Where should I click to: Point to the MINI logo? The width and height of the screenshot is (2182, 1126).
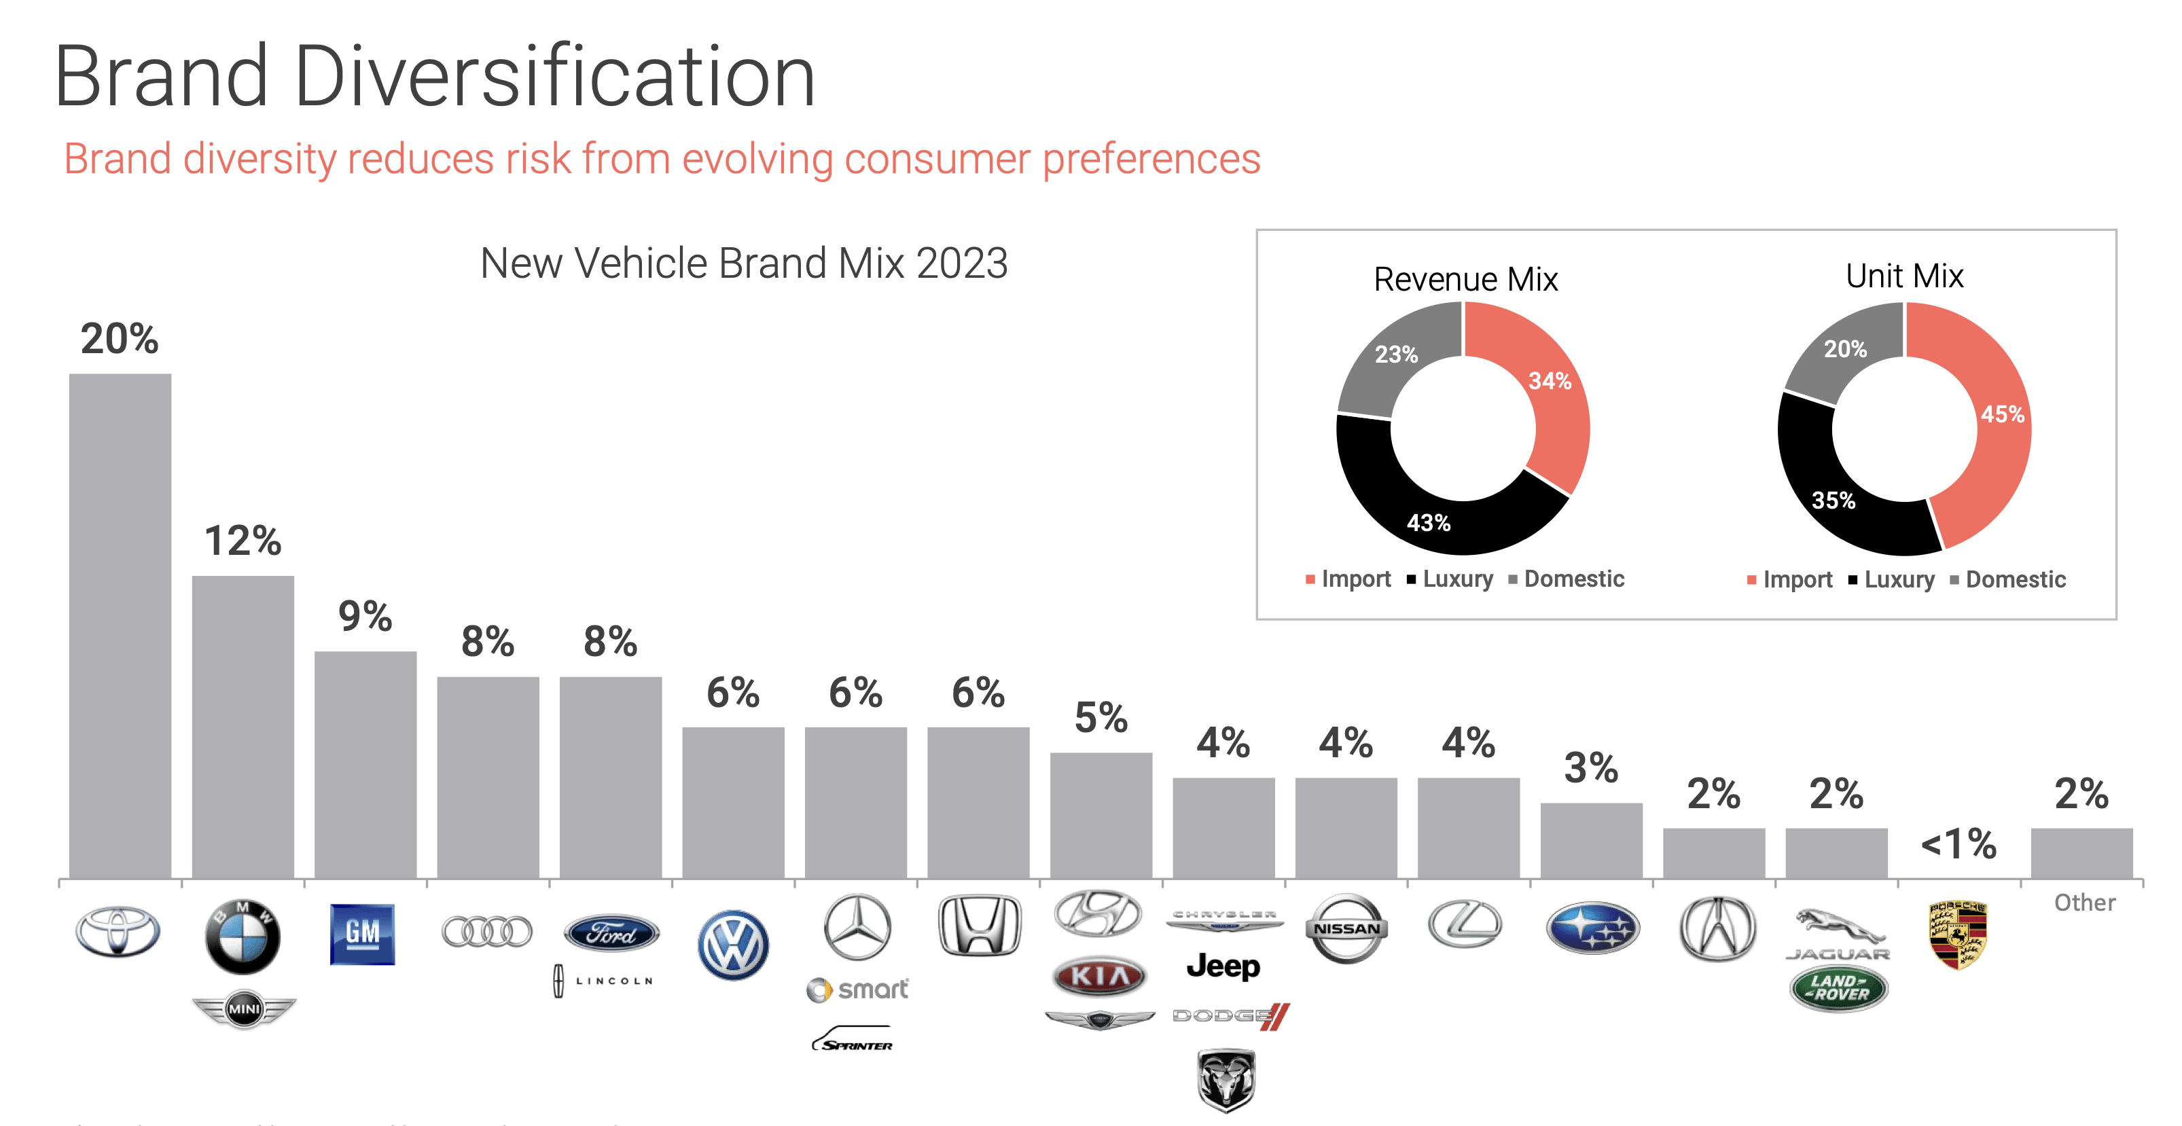244,1009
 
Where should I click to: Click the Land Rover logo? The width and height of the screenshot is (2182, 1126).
1838,988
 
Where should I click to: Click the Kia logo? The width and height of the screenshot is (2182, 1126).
1098,976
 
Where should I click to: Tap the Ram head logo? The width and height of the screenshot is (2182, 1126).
1226,1079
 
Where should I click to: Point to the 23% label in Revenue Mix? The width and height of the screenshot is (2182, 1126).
1395,354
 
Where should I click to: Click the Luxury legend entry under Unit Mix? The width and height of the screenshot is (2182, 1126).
1891,580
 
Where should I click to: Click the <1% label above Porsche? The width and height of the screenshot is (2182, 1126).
1958,844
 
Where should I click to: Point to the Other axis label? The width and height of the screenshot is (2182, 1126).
2083,903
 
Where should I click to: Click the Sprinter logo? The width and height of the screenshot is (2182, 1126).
854,1040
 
